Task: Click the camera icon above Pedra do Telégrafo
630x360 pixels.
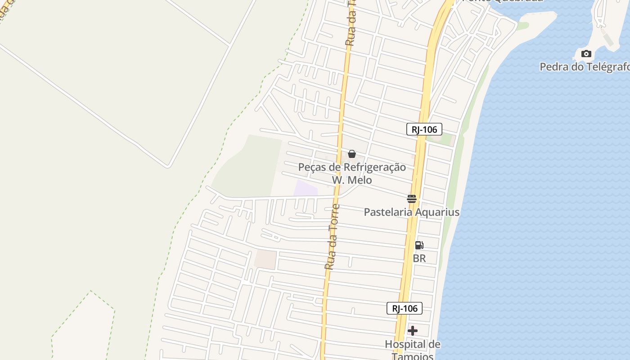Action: [x=586, y=54]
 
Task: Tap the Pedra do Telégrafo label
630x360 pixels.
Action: [x=584, y=67]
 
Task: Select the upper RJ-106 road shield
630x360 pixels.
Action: [x=424, y=130]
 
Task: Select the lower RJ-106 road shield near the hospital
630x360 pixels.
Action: [x=405, y=308]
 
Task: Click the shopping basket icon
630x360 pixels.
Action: [x=352, y=154]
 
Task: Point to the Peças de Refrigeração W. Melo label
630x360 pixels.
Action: [x=352, y=173]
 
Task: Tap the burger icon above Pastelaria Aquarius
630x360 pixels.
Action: [x=412, y=198]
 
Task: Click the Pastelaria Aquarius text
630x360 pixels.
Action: [x=411, y=212]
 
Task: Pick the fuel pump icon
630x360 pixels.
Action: [x=419, y=245]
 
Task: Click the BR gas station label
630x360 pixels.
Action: [x=419, y=258]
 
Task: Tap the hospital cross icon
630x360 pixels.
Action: [x=412, y=331]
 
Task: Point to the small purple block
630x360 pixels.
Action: [x=306, y=188]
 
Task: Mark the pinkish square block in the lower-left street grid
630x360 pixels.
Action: [x=265, y=260]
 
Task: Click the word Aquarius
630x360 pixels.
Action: [x=435, y=212]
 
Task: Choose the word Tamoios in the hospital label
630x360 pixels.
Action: [x=412, y=356]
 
